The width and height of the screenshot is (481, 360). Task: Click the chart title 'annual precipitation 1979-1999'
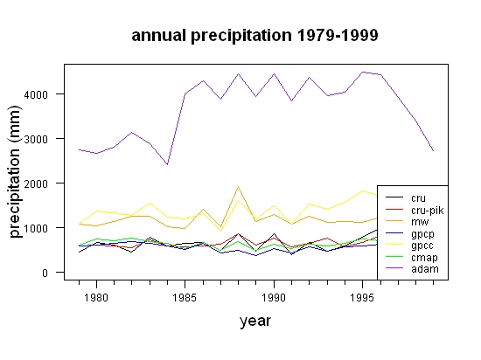[254, 36]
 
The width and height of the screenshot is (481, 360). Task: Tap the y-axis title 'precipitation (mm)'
[14, 171]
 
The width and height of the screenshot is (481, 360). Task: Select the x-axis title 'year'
[255, 321]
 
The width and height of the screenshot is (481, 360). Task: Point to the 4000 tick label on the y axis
[36, 94]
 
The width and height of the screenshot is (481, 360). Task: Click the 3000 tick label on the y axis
[36, 139]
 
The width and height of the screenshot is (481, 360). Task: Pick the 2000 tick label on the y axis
[36, 183]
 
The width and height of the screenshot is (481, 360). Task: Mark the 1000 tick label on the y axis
[36, 229]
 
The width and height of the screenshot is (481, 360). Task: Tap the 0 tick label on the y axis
[45, 273]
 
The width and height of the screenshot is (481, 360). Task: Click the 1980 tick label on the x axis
[96, 297]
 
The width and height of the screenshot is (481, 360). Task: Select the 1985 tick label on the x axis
[185, 297]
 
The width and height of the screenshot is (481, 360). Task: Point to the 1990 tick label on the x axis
[274, 297]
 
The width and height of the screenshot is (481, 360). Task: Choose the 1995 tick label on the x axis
[362, 297]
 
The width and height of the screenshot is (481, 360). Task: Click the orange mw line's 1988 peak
[238, 187]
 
